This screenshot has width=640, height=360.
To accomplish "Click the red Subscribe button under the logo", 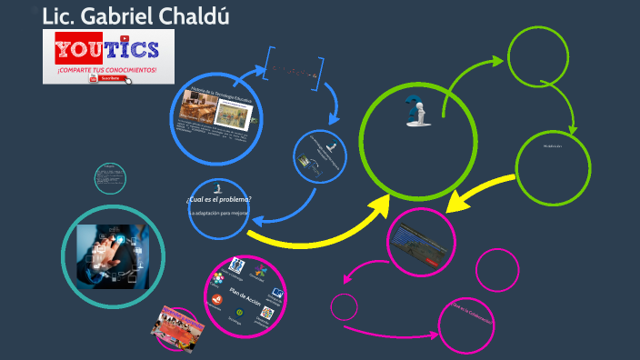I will pyautogui.click(x=106, y=78).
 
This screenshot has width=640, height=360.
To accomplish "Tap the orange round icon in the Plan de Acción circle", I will pyautogui.click(x=217, y=299).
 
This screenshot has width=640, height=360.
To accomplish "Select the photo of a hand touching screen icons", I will pyautogui.click(x=113, y=251).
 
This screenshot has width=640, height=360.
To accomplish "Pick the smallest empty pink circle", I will pyautogui.click(x=344, y=307).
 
